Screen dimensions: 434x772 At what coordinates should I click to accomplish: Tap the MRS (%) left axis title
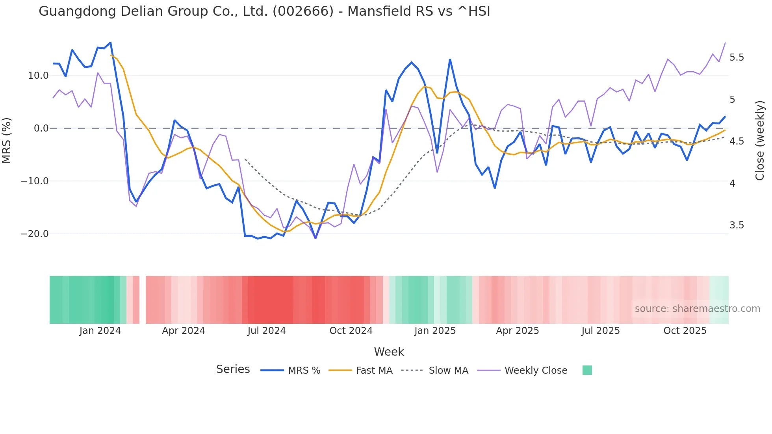7,140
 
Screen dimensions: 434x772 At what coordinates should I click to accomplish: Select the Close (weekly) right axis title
760,140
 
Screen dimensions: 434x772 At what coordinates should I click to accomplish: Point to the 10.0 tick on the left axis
38,76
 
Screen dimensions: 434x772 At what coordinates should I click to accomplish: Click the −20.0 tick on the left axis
35,234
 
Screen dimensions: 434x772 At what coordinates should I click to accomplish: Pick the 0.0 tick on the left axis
41,128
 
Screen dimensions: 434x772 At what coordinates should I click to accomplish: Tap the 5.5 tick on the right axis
737,57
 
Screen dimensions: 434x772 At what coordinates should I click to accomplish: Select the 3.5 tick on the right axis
737,225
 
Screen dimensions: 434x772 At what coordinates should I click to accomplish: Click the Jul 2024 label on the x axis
267,331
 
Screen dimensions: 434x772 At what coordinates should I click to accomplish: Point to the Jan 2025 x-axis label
435,331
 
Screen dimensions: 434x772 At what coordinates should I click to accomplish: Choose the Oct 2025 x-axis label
685,331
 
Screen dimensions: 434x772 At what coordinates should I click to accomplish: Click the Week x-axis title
389,352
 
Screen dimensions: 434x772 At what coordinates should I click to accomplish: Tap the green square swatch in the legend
587,370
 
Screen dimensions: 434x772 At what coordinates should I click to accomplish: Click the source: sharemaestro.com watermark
697,309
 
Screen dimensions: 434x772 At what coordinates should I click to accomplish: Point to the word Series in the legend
233,369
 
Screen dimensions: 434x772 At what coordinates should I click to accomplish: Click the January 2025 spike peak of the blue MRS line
450,60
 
